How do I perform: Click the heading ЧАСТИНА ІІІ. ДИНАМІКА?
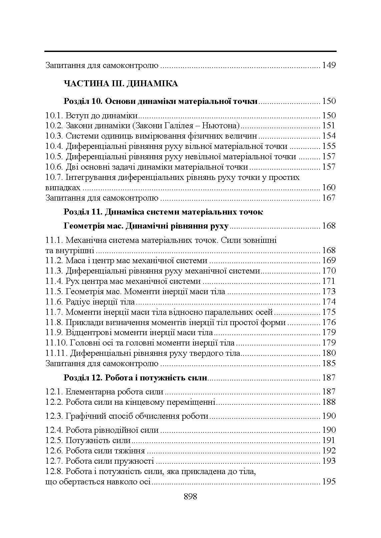(x=121, y=84)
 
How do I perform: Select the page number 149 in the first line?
(x=329, y=65)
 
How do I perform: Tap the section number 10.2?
(x=54, y=126)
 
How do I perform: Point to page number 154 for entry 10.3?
(x=329, y=136)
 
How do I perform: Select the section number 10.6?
(x=54, y=167)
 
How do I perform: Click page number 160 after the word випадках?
(x=329, y=188)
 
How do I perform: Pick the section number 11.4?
(x=54, y=281)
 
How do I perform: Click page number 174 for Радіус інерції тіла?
(x=329, y=302)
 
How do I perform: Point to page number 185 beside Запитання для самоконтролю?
(x=329, y=363)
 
